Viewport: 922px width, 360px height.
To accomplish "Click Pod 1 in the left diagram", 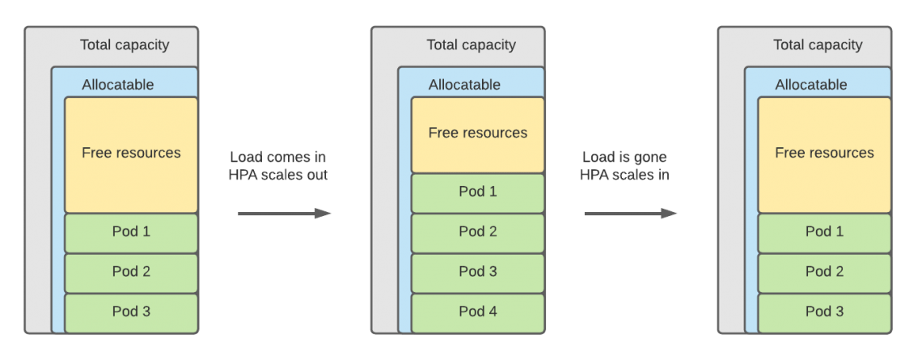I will pyautogui.click(x=131, y=232).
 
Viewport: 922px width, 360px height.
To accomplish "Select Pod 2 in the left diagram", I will pyautogui.click(x=131, y=272).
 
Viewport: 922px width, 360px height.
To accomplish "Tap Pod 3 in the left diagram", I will pyautogui.click(x=131, y=311).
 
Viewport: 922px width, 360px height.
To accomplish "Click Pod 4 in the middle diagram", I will pyautogui.click(x=478, y=311).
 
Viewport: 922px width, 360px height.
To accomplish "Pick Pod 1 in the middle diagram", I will pyautogui.click(x=478, y=193).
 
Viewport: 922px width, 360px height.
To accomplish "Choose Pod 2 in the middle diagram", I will pyautogui.click(x=478, y=232).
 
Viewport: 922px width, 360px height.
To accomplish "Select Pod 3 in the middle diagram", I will pyautogui.click(x=478, y=272).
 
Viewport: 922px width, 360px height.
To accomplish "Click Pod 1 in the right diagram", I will pyautogui.click(x=824, y=232).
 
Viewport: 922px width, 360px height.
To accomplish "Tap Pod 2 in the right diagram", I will pyautogui.click(x=824, y=272).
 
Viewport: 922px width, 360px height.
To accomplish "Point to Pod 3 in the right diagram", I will pyautogui.click(x=824, y=311).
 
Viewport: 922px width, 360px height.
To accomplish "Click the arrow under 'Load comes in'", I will pyautogui.click(x=285, y=214).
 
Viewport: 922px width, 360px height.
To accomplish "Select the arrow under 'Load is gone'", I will pyautogui.click(x=631, y=214).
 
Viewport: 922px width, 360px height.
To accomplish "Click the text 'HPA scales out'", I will pyautogui.click(x=279, y=175).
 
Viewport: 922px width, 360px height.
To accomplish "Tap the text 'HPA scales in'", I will pyautogui.click(x=624, y=175).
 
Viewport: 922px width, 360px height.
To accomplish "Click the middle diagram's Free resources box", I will pyautogui.click(x=478, y=134).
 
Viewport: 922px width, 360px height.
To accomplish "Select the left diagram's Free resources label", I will pyautogui.click(x=131, y=153).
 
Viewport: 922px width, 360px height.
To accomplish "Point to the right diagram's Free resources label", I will pyautogui.click(x=824, y=153).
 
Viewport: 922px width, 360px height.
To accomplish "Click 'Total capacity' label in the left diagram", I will pyautogui.click(x=125, y=45).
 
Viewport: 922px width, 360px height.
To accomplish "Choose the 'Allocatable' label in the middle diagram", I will pyautogui.click(x=464, y=85).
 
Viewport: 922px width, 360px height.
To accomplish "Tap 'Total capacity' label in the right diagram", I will pyautogui.click(x=818, y=45).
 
